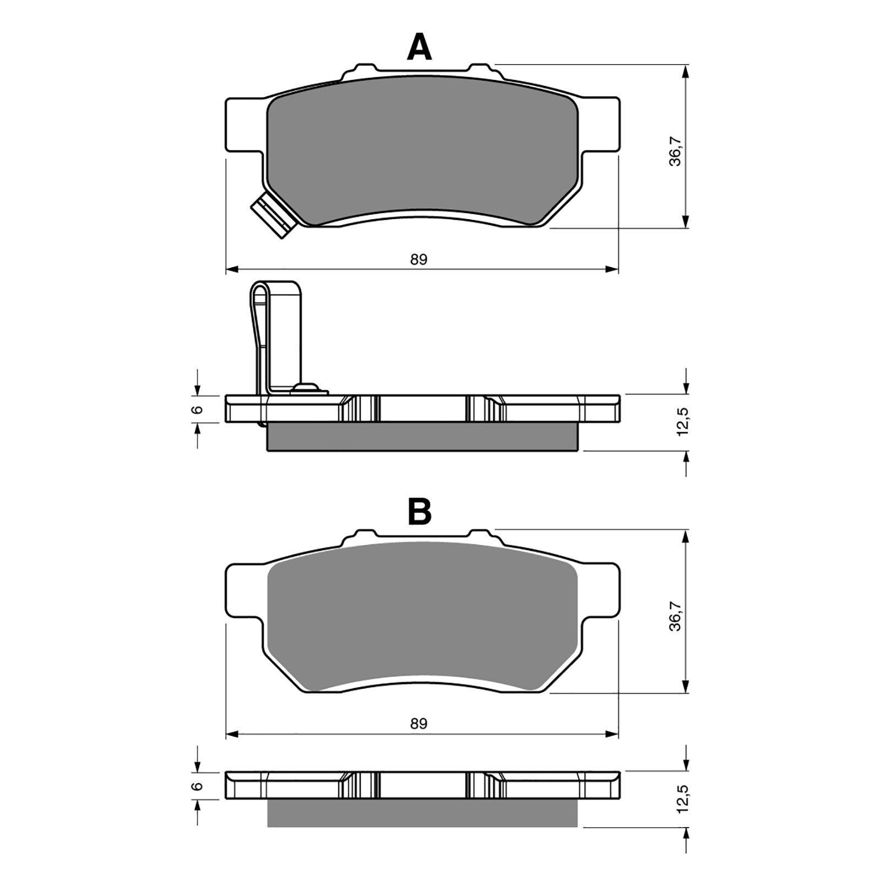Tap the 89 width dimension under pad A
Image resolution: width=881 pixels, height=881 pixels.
pyautogui.click(x=418, y=259)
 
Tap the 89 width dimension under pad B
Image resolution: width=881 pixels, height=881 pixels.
pyautogui.click(x=418, y=724)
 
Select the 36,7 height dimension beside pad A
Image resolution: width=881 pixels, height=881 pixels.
pyautogui.click(x=675, y=152)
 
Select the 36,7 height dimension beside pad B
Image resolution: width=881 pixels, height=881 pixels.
pyautogui.click(x=675, y=616)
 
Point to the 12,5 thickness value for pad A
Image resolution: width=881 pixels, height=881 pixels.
pyautogui.click(x=683, y=422)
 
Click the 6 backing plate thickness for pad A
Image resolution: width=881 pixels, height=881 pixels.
pyautogui.click(x=199, y=409)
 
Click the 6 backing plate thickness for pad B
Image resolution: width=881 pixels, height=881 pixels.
pyautogui.click(x=199, y=786)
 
